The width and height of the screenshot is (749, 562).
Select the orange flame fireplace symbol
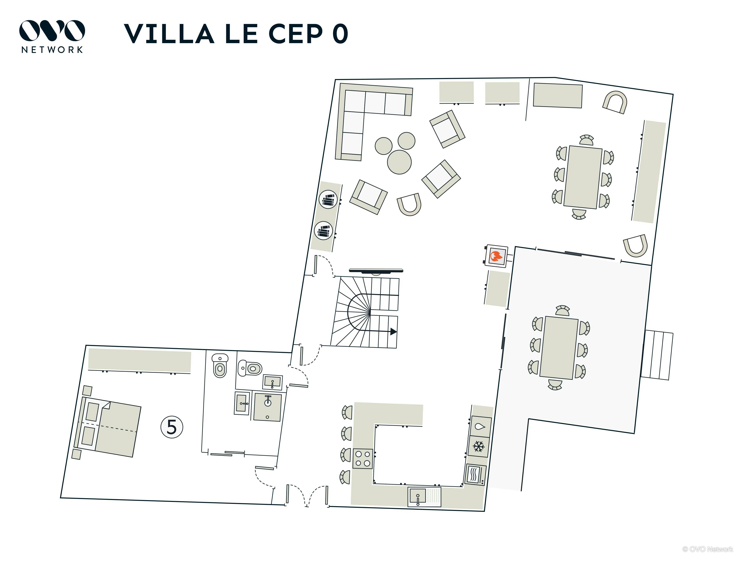pos(496,256)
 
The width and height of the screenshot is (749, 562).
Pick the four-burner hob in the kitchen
pos(363,459)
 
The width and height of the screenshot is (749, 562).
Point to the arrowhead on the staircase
pos(393,331)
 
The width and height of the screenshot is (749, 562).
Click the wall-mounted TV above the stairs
pos(376,271)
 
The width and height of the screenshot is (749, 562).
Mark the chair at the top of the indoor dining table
pos(587,140)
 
